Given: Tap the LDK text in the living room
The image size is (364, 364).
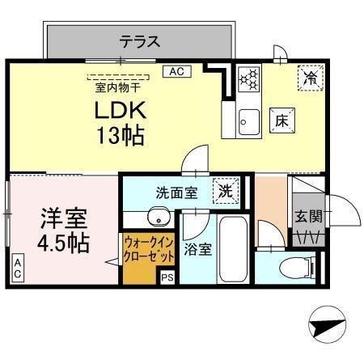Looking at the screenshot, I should coord(121,111).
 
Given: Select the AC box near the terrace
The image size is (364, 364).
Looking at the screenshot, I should coord(176,71).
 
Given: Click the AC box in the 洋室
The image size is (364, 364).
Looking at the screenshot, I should coord(16,269).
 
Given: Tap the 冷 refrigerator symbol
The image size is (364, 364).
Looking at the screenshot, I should coord(309,77).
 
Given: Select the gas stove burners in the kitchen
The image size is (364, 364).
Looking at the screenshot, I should coord(250,78).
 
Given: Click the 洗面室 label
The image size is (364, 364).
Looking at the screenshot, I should coord(176,193).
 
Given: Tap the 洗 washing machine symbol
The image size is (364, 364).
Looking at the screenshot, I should coord(226,192).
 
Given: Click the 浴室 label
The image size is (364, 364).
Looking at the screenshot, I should coord(198,249).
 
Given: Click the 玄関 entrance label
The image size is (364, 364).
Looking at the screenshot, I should coord(308,216).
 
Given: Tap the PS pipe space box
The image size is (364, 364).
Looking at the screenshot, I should coord(167,277).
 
